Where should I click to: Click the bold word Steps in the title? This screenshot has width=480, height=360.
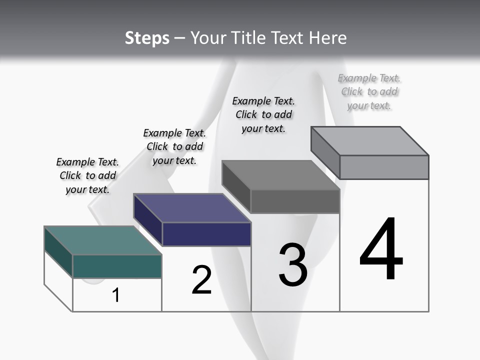(147, 38)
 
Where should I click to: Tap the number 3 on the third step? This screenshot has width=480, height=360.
(293, 265)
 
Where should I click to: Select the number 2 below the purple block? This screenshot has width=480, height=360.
(202, 280)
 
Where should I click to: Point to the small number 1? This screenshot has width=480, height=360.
(116, 295)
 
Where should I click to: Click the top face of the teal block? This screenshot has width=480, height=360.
(102, 240)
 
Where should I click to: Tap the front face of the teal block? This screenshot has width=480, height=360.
(117, 266)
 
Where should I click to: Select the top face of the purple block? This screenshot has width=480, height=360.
(192, 207)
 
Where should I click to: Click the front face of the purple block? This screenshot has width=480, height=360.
(206, 234)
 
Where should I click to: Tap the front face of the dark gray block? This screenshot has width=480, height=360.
(295, 201)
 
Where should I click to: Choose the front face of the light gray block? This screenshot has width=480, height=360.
(384, 167)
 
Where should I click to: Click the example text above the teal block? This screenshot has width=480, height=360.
(87, 175)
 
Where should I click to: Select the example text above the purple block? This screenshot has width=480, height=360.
(174, 146)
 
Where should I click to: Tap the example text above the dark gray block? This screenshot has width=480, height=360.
(263, 114)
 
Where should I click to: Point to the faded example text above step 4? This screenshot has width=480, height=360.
(369, 91)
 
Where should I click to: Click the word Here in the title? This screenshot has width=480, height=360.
(328, 38)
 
